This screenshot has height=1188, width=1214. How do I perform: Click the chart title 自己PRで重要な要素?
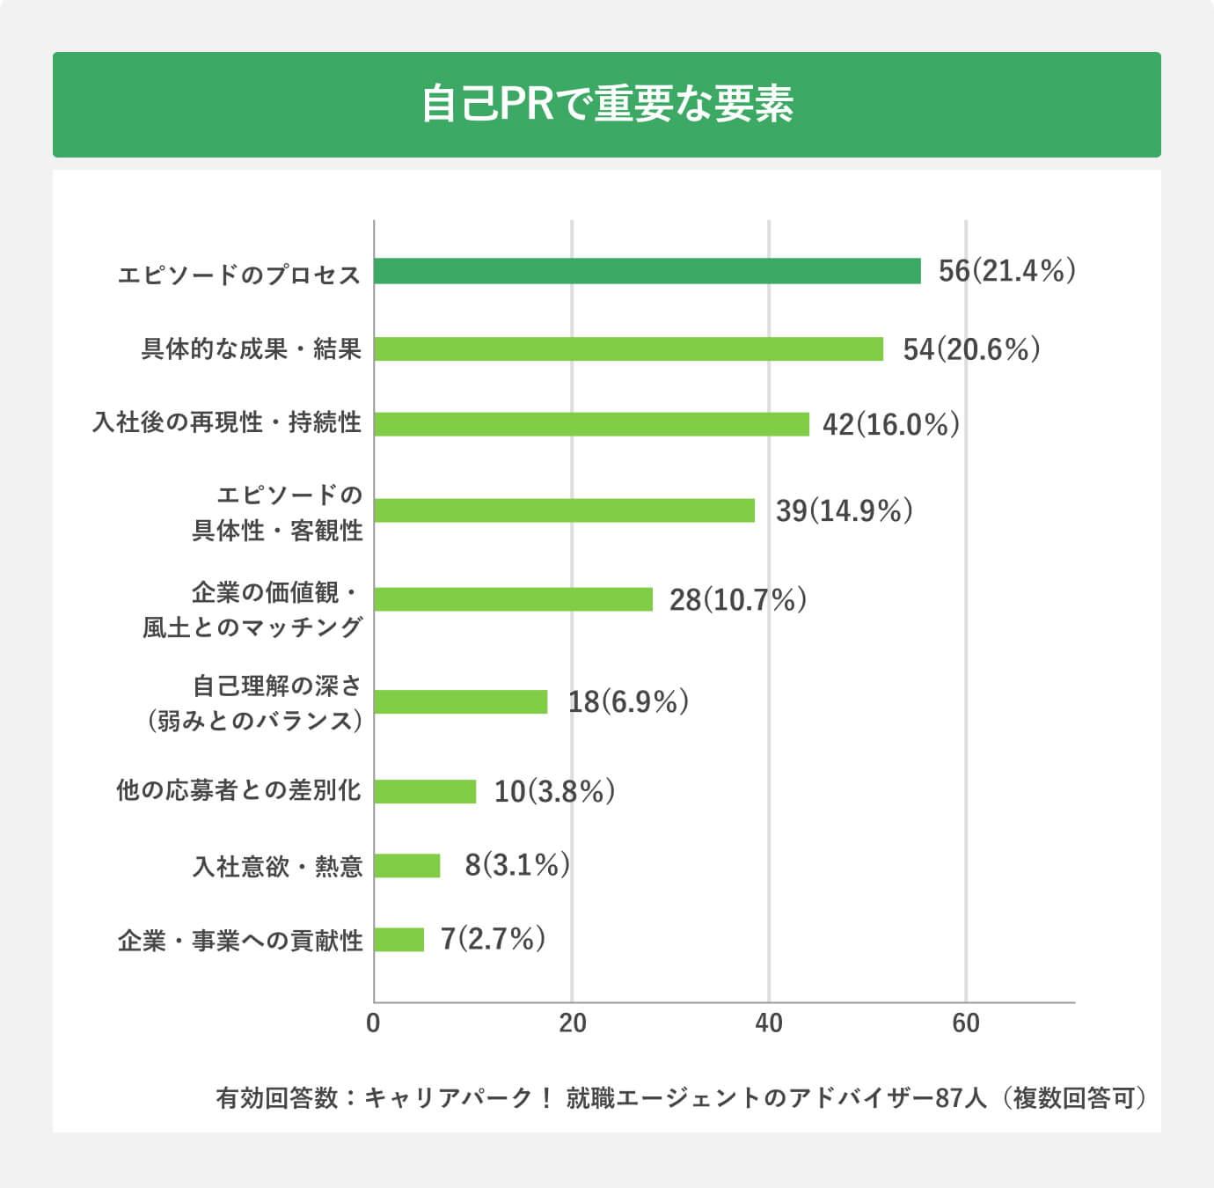click(607, 104)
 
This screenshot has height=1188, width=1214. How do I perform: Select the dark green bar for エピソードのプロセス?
click(647, 271)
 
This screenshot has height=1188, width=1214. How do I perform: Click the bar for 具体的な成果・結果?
click(628, 348)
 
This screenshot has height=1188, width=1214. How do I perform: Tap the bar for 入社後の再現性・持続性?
click(591, 424)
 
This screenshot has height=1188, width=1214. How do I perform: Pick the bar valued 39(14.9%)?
click(564, 510)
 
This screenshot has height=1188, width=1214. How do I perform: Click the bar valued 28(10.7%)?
click(513, 599)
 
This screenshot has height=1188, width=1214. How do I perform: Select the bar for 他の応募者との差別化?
click(425, 791)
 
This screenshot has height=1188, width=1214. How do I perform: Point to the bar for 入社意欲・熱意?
click(406, 866)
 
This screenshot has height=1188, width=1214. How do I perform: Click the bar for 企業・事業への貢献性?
click(399, 940)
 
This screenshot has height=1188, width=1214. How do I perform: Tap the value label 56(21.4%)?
click(1006, 271)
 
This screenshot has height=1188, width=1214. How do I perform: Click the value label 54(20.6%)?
click(971, 349)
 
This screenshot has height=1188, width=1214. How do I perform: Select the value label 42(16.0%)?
click(890, 425)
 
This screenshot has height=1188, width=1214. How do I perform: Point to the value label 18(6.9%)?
click(627, 702)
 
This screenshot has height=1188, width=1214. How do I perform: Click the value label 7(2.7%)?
click(493, 939)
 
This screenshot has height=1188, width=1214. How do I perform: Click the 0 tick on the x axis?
click(374, 1023)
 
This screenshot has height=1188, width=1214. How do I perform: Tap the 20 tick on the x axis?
click(572, 1023)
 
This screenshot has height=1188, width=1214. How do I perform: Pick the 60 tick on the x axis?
click(965, 1023)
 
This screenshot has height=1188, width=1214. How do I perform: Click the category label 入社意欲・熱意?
click(277, 867)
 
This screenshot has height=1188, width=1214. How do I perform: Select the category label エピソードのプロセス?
click(239, 275)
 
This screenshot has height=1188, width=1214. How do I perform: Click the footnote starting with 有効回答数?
click(682, 1098)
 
